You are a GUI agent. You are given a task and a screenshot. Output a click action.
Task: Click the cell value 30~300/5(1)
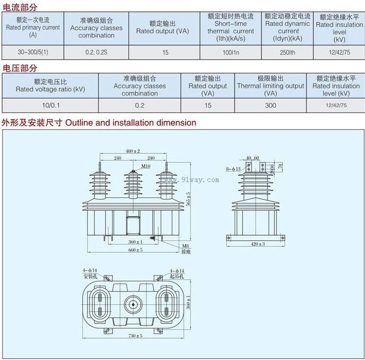pos(32,53)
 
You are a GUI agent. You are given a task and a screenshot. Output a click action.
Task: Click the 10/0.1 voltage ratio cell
pos(50,105)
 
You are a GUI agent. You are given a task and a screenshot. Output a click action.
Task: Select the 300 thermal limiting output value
pos(271,105)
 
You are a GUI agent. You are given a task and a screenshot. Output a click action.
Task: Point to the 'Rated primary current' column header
pos(33,28)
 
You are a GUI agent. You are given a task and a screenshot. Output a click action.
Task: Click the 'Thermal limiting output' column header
pos(271,85)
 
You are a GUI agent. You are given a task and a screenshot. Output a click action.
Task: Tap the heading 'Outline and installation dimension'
pos(131,123)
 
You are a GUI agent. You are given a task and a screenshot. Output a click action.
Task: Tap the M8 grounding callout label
pos(185,246)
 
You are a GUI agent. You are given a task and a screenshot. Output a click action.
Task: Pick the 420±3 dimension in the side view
pos(257,244)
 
